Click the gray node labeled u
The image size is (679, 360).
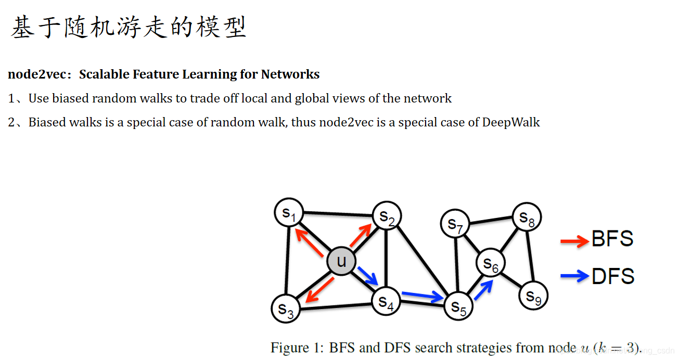tap(341, 261)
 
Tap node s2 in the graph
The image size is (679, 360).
tap(386, 216)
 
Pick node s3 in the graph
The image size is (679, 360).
tap(286, 308)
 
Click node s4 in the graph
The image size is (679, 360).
tap(386, 301)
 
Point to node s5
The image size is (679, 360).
tap(458, 306)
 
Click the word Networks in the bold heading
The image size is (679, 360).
tap(290, 74)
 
